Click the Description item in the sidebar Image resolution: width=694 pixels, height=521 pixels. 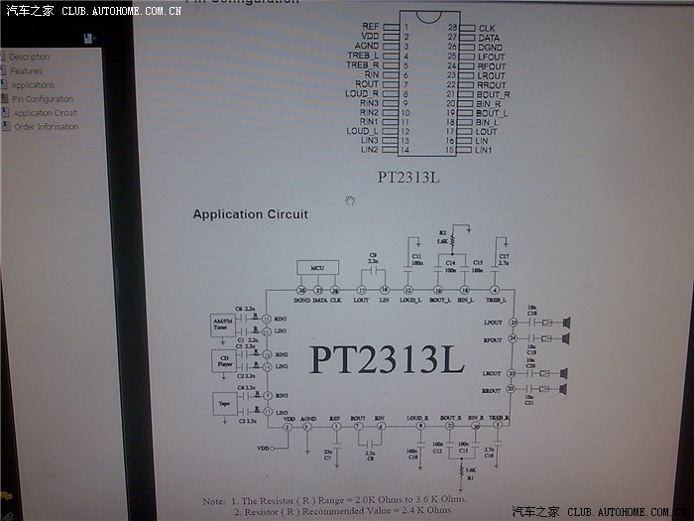[29, 57]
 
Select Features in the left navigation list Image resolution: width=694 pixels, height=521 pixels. [26, 70]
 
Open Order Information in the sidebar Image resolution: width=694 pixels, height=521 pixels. [46, 126]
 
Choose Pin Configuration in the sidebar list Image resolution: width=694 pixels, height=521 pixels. [43, 98]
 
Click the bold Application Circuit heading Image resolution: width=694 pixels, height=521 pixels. [250, 213]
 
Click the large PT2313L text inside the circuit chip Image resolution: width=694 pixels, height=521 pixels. [386, 358]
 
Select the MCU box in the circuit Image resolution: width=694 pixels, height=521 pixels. [318, 268]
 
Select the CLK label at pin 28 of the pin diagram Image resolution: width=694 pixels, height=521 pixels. [486, 28]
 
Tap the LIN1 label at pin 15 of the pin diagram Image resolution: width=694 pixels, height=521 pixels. [483, 150]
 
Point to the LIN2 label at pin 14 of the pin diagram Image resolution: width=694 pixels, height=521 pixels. [369, 150]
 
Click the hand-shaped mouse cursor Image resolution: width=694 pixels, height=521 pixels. [349, 200]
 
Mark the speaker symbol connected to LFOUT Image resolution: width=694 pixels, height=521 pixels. [567, 322]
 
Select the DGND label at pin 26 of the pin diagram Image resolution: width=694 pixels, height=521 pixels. [490, 48]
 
